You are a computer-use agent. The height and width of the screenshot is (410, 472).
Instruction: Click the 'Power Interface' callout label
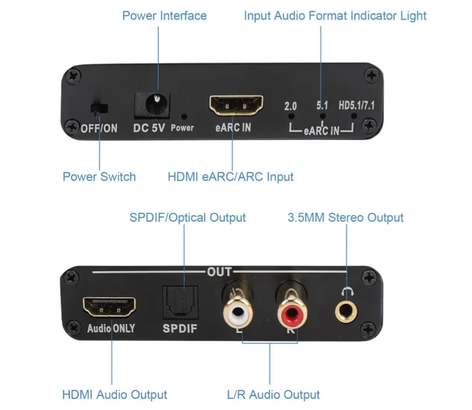pyautogui.click(x=164, y=16)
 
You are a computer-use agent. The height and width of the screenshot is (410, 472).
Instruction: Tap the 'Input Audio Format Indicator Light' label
pyautogui.click(x=335, y=16)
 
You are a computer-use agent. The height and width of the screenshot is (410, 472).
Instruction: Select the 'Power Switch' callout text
pyautogui.click(x=99, y=176)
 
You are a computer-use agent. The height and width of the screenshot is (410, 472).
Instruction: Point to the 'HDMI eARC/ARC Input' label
pyautogui.click(x=230, y=176)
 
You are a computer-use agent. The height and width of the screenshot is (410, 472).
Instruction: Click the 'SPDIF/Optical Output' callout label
pyautogui.click(x=187, y=217)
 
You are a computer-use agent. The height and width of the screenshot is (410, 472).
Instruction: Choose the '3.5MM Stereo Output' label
pyautogui.click(x=345, y=217)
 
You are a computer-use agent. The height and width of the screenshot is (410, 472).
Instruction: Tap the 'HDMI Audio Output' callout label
pyautogui.click(x=114, y=395)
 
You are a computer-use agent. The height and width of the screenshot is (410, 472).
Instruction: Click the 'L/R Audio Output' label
pyautogui.click(x=273, y=395)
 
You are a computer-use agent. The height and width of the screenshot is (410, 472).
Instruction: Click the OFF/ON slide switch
pyautogui.click(x=99, y=109)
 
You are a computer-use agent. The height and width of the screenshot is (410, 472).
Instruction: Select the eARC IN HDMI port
pyautogui.click(x=236, y=106)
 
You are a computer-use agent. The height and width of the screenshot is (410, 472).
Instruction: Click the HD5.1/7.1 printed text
pyautogui.click(x=356, y=106)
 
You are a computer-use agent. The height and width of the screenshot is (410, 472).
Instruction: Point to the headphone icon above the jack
pyautogui.click(x=347, y=291)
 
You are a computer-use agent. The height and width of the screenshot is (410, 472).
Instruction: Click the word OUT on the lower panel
pyautogui.click(x=219, y=272)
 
